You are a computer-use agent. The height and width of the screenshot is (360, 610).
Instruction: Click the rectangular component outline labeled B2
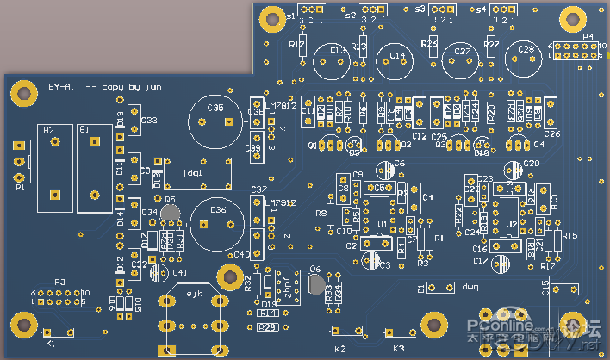coord(53,167)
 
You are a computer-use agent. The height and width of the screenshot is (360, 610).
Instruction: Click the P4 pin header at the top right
coord(570,49)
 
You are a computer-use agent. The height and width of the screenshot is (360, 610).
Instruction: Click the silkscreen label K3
coord(398,348)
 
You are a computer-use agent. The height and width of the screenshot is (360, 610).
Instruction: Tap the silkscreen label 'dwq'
coord(470,286)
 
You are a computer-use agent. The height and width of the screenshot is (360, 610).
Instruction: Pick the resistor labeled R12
coord(302,43)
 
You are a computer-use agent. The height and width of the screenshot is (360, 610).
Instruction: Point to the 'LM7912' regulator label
coord(281,203)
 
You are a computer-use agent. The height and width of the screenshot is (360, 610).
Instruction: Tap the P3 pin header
coord(59,297)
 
